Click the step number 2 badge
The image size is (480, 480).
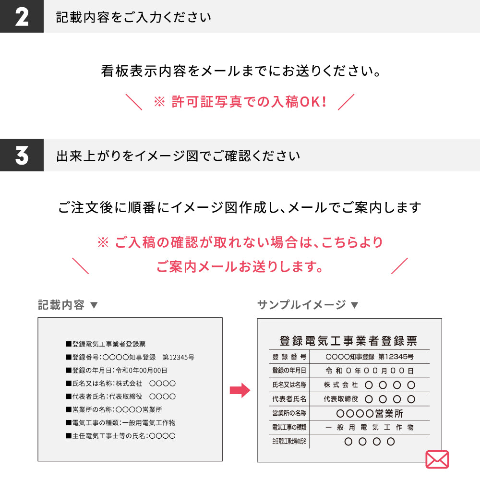tap(22, 16)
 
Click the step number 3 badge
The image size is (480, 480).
tap(22, 155)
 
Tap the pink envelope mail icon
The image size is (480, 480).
tap(437, 459)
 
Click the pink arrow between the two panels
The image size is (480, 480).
tap(240, 390)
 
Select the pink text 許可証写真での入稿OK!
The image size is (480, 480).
tap(249, 102)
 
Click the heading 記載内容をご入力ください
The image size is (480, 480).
tap(133, 17)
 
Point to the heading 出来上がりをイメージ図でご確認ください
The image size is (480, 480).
tap(178, 156)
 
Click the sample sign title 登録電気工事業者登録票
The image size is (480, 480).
tap(348, 340)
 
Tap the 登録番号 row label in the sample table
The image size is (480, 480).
tap(289, 357)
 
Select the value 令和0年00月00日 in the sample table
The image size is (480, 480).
tap(370, 371)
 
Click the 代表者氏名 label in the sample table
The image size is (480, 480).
tap(289, 399)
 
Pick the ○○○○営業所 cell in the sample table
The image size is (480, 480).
tap(370, 414)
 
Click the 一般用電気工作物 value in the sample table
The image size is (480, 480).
tap(370, 427)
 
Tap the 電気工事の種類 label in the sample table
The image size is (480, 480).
tap(289, 427)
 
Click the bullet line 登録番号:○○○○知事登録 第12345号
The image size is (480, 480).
tap(130, 357)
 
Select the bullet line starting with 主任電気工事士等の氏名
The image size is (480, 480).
tap(121, 436)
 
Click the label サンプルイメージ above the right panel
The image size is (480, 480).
tap(301, 305)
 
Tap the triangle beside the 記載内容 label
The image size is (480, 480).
tap(94, 305)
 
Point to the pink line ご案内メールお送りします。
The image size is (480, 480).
tap(240, 266)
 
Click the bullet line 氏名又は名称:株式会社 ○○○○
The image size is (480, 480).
tap(121, 383)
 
